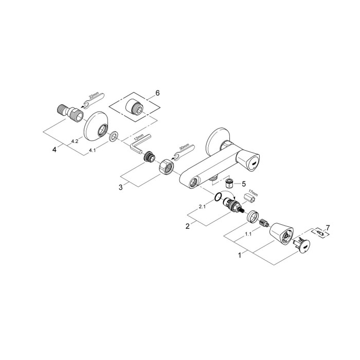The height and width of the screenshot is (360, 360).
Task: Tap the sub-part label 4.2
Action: click(75, 140)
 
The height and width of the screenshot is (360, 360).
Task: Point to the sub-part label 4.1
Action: click(93, 150)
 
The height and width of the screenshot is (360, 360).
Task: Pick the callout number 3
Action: click(120, 187)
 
